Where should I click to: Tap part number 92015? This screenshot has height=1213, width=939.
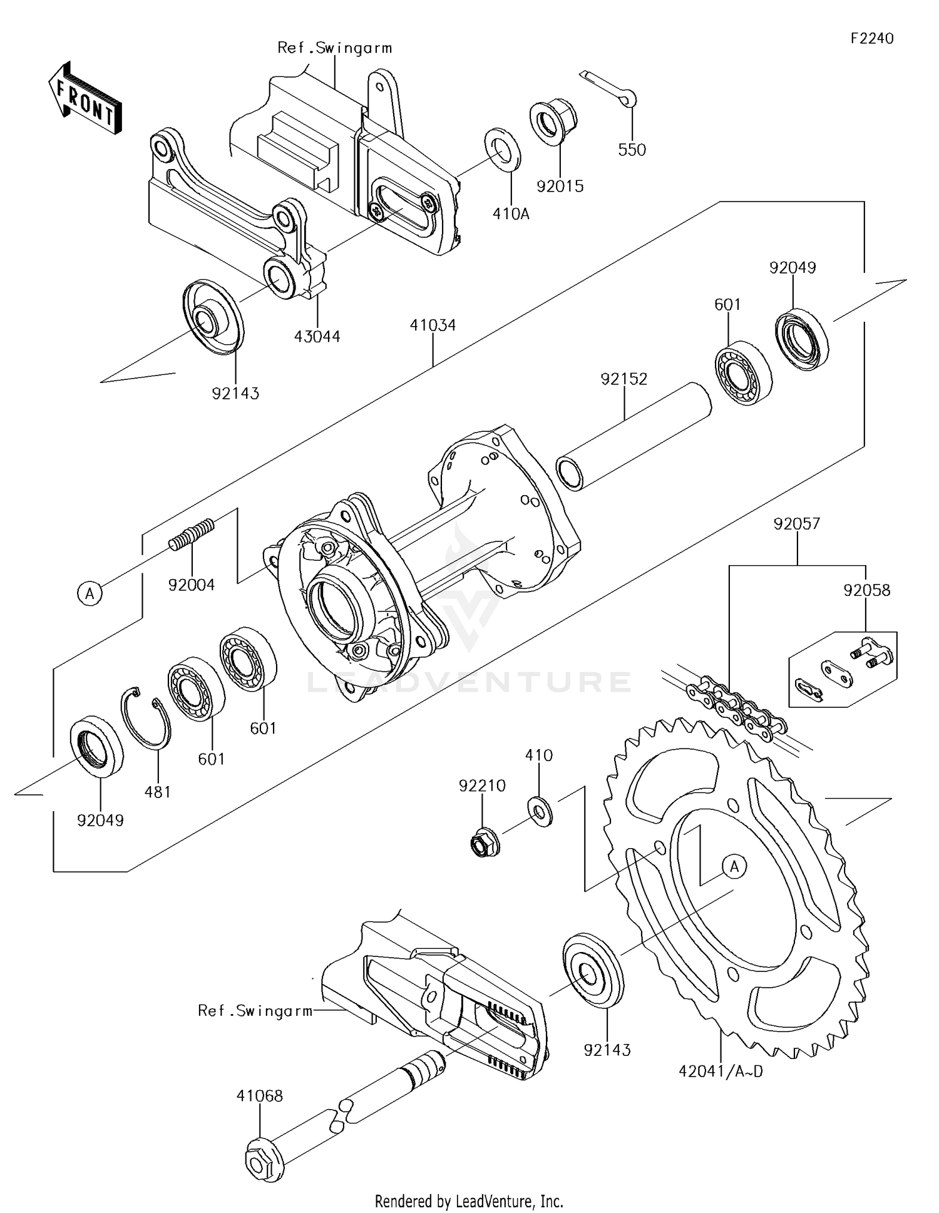[560, 187]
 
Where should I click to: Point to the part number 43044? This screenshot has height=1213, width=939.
[317, 337]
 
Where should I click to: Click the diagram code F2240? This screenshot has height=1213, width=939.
[872, 38]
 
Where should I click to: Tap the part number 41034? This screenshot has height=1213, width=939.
[433, 325]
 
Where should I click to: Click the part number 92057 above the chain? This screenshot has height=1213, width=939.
[796, 524]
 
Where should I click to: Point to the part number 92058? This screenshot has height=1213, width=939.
[866, 590]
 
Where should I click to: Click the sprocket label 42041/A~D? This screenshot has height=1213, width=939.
[721, 1072]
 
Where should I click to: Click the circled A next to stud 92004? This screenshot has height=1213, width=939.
[90, 593]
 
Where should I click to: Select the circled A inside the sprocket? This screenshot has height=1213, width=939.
[734, 867]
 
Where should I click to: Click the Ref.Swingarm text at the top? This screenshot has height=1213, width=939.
[334, 48]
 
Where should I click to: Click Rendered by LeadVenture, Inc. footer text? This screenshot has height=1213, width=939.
[469, 1201]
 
